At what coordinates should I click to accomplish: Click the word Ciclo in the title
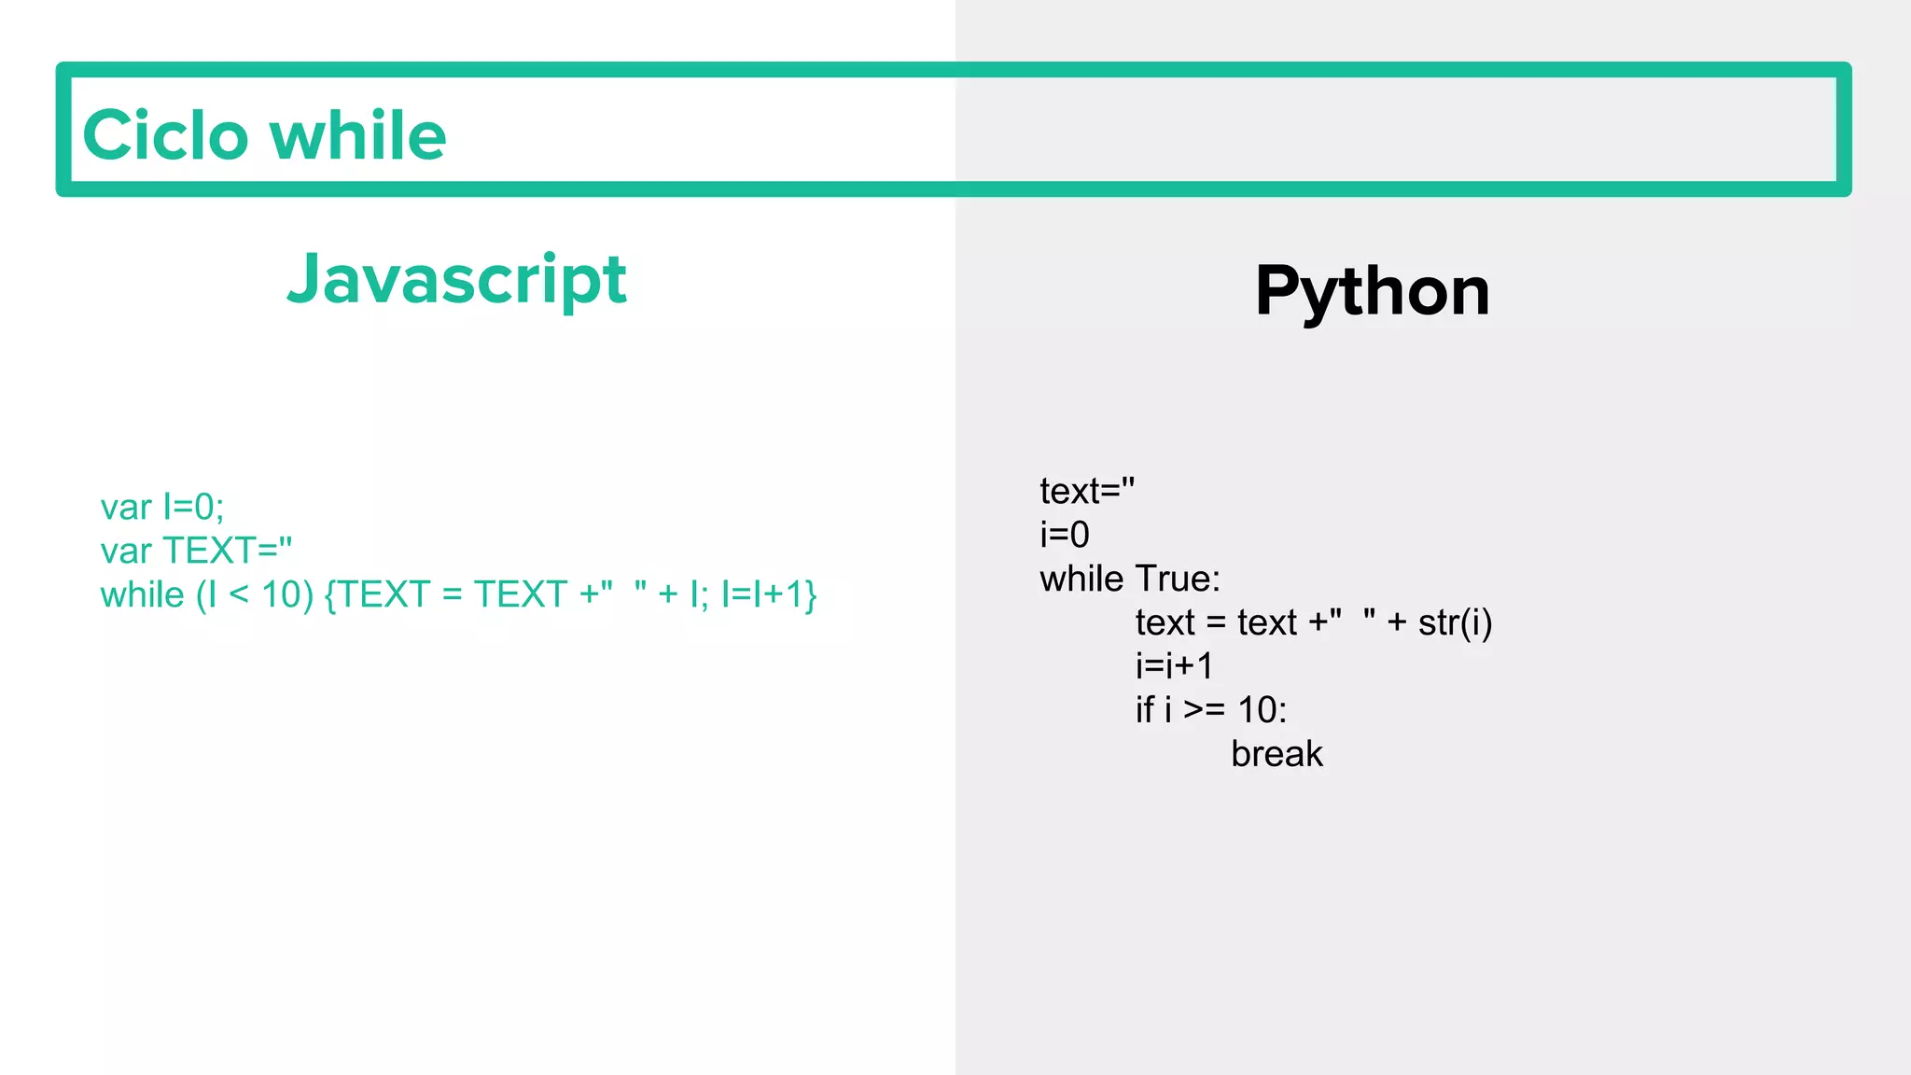pos(166,135)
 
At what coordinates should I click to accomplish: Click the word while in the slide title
pos(358,135)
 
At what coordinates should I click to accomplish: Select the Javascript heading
pos(456,279)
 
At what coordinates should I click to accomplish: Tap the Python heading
pos(1372,291)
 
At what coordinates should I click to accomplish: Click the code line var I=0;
pos(162,507)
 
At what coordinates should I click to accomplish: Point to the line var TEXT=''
pos(196,551)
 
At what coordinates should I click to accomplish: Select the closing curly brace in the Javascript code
pos(811,594)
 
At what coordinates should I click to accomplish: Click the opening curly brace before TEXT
pos(329,594)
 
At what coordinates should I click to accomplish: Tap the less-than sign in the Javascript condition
pos(239,594)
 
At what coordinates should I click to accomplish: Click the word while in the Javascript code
pos(142,594)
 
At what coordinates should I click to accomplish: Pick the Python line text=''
pos(1087,491)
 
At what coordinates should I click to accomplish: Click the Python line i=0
pos(1065,535)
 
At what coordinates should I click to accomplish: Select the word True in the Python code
pos(1177,579)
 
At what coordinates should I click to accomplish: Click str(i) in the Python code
pos(1455,622)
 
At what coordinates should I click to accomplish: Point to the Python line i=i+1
pos(1174,666)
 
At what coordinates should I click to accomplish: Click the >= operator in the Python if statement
pos(1204,710)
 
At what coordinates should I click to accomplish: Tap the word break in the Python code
pos(1276,754)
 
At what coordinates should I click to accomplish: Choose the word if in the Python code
pos(1145,710)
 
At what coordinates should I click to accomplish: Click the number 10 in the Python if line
pos(1256,710)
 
